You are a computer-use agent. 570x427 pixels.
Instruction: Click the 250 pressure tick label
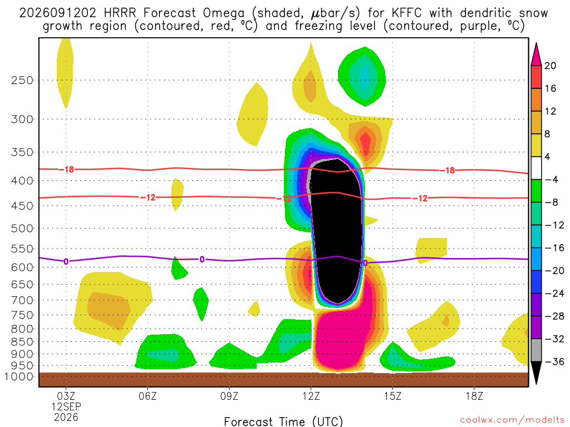22,80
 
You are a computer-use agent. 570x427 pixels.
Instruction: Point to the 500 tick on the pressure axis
22,229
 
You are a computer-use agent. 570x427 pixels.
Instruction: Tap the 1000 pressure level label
18,376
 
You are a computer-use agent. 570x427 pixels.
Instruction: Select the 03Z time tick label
66,396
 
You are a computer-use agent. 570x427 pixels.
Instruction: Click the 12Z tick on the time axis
311,396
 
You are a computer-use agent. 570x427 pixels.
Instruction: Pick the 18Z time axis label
474,396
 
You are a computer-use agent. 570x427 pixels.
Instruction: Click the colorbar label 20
551,66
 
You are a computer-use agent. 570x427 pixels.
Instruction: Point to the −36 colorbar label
554,361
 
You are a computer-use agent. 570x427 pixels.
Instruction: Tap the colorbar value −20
554,271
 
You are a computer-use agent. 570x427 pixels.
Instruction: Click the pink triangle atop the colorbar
536,54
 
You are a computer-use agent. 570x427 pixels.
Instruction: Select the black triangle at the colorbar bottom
536,373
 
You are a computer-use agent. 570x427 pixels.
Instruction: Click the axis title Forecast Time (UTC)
283,421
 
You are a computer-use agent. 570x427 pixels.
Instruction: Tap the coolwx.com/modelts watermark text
512,420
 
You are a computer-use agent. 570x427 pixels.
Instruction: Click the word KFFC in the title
407,13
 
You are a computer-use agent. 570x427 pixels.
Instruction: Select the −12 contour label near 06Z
148,197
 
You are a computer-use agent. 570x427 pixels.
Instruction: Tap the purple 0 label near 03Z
66,261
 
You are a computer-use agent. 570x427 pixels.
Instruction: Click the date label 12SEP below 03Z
66,406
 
